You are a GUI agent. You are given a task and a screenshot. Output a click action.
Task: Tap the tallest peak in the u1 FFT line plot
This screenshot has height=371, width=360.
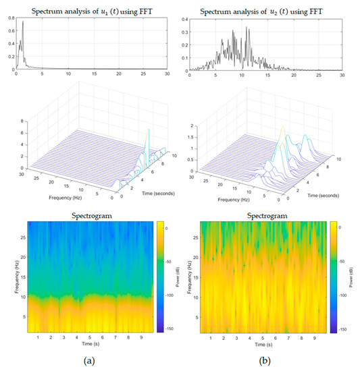pos(23,22)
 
